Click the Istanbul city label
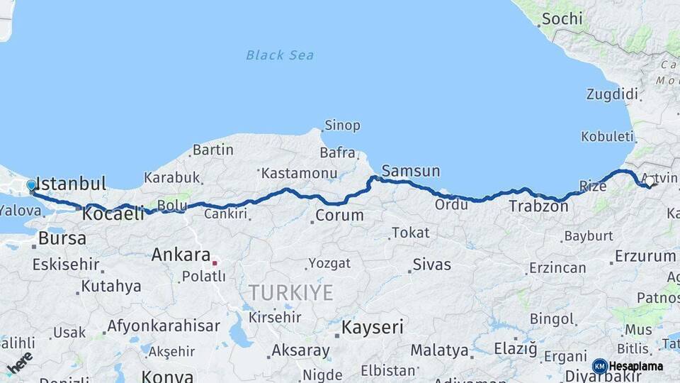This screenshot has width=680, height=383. point(71,183)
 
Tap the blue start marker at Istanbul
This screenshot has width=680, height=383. point(31,185)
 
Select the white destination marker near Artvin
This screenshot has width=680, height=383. point(649,182)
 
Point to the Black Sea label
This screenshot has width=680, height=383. point(280,55)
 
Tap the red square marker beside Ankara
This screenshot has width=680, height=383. point(215,262)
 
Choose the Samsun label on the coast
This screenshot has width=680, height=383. point(410,171)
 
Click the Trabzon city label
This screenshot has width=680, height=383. point(538,206)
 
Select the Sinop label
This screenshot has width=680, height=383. point(342,126)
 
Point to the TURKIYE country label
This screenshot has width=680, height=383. point(290,292)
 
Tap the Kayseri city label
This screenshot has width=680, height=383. point(373,327)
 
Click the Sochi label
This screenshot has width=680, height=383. point(563,18)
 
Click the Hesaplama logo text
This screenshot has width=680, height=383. point(635,366)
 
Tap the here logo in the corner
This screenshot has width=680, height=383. point(19,362)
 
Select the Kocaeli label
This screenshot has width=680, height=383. point(113,213)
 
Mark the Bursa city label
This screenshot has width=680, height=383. point(62,238)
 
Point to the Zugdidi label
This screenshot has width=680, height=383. point(612,94)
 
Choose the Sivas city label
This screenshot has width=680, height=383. point(431,265)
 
